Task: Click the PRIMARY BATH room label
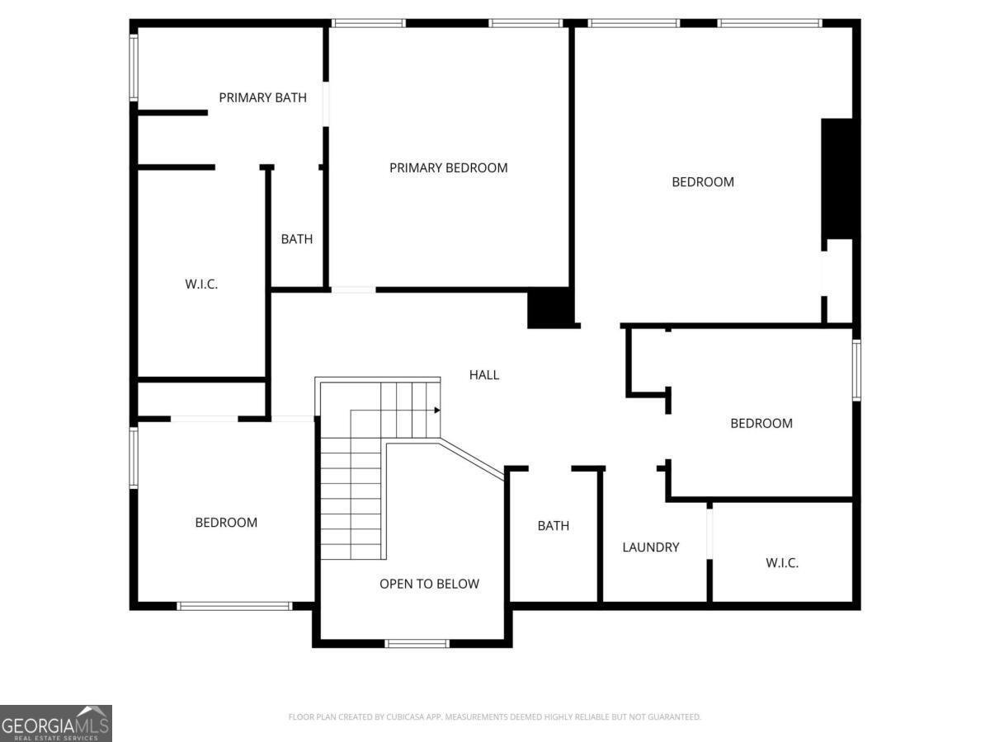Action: [x=262, y=97]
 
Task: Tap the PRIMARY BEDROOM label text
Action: [x=448, y=167]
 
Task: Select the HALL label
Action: [x=484, y=375]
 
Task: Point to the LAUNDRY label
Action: [x=650, y=547]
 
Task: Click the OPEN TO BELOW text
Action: [x=429, y=584]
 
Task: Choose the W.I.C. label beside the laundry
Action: [x=782, y=563]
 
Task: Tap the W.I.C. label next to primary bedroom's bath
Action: [x=201, y=284]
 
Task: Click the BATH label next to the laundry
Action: [x=554, y=526]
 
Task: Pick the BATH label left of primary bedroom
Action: [x=297, y=239]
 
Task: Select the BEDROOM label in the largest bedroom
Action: [x=703, y=181]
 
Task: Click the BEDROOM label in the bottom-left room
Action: [x=226, y=522]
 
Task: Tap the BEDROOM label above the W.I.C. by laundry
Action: [x=761, y=423]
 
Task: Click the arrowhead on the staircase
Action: [x=437, y=410]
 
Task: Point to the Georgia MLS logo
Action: [x=56, y=723]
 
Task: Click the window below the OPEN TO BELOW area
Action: [x=417, y=643]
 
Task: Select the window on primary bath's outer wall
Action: [x=134, y=68]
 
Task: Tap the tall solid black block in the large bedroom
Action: [x=837, y=179]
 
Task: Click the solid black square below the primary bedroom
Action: [x=550, y=308]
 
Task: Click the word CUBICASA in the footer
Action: [x=403, y=716]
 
